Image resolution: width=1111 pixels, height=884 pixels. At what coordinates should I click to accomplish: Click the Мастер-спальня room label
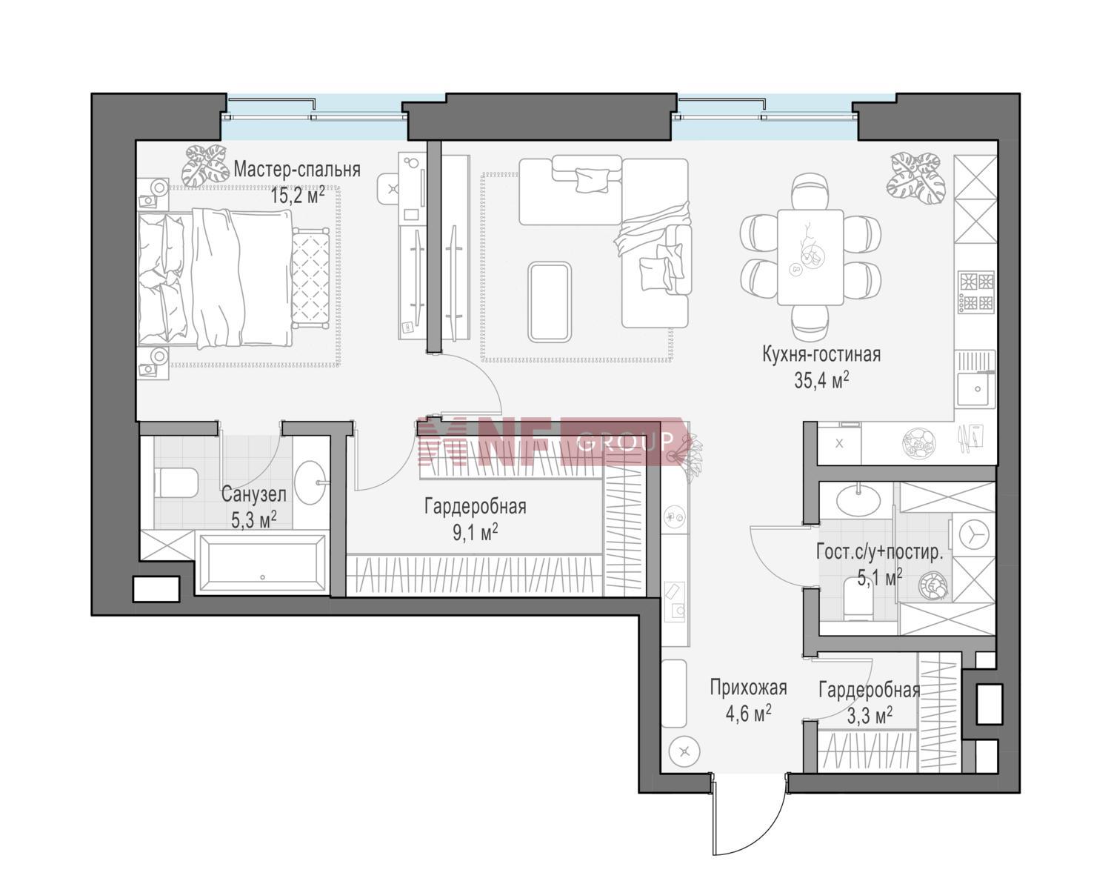(297, 169)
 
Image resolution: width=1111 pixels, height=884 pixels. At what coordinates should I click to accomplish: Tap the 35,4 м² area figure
(821, 380)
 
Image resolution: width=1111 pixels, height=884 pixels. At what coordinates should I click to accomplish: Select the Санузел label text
(253, 494)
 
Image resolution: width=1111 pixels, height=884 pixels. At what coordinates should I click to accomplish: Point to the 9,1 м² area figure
(475, 531)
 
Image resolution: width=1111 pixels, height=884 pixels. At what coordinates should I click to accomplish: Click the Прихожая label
(748, 688)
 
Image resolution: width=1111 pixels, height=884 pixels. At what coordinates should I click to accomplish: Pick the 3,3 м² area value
(870, 716)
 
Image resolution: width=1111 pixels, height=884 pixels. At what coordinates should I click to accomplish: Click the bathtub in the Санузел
(262, 562)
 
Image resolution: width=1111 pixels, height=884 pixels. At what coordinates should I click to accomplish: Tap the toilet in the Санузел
(176, 482)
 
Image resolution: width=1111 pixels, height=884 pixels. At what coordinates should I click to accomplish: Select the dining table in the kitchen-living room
(810, 257)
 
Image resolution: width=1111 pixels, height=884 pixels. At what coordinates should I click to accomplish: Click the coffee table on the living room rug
(550, 302)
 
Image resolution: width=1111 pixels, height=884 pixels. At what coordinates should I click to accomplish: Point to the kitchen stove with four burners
(975, 293)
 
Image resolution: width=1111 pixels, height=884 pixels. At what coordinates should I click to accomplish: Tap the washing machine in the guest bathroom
(973, 537)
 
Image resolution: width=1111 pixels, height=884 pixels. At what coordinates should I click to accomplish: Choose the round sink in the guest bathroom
(858, 500)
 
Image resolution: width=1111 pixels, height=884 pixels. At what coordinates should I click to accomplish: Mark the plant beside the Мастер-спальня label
(205, 165)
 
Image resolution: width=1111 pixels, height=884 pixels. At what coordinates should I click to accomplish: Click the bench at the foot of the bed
(310, 278)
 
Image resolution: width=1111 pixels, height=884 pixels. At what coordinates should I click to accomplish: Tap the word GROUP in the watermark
(625, 441)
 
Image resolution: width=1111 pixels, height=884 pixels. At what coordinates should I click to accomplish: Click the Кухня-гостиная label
(821, 354)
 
